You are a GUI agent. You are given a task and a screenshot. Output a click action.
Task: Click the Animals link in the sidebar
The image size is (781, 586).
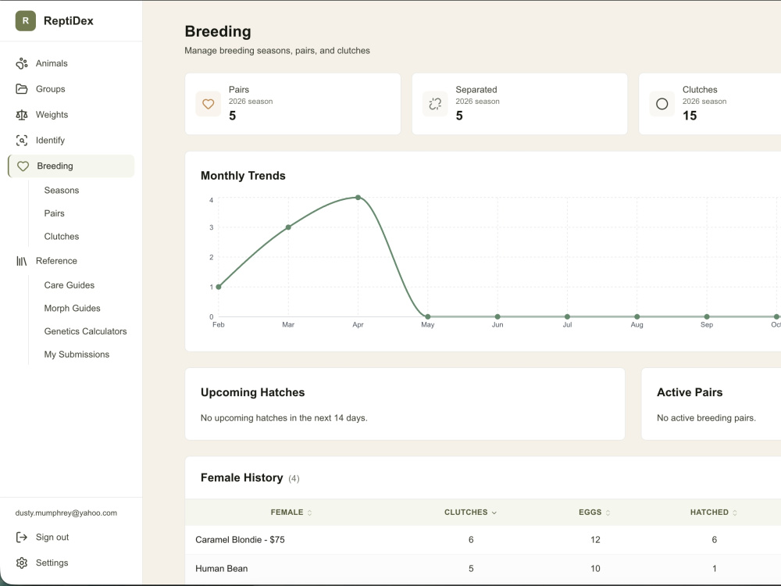point(52,63)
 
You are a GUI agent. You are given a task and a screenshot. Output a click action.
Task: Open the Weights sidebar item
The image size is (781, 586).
point(52,115)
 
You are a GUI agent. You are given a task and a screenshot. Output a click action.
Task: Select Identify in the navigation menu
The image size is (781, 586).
point(50,140)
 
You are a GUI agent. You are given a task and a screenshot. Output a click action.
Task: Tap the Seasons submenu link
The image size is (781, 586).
point(61,191)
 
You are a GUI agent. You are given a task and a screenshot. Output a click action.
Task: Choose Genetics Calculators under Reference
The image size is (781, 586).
point(85,331)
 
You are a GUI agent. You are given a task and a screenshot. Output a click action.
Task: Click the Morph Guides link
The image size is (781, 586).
point(72,309)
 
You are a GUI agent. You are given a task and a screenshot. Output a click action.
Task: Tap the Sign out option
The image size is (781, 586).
point(52,538)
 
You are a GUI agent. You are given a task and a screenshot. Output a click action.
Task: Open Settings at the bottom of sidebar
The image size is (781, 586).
point(52,563)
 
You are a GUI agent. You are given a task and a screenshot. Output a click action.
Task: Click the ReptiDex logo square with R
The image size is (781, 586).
point(26,21)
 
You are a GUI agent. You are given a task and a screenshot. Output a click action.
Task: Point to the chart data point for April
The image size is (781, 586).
point(358,198)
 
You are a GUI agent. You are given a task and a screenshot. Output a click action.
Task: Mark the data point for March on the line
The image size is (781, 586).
point(288,227)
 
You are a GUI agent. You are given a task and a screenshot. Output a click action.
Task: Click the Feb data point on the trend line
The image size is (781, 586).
point(219,287)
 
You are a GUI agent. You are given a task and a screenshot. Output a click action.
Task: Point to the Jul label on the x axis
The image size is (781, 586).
point(567,325)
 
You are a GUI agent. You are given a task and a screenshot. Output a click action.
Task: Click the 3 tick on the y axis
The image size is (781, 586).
point(211,227)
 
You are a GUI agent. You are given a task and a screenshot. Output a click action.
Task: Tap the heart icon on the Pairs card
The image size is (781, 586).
point(209,104)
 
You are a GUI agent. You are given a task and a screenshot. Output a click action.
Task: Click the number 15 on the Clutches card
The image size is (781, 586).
point(690,116)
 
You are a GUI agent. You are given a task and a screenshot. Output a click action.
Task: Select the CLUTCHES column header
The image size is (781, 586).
point(466,513)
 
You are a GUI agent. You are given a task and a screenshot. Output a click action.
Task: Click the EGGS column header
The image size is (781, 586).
point(590,513)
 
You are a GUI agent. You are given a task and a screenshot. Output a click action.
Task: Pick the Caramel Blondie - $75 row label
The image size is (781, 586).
point(240,540)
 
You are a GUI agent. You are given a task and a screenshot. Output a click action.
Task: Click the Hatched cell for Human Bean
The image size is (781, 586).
point(715,569)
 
